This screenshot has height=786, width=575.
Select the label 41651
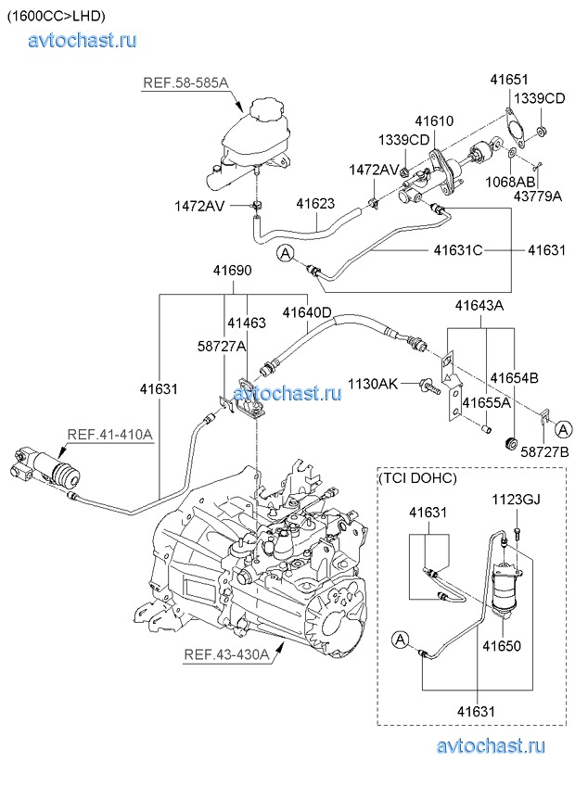pyautogui.click(x=509, y=81)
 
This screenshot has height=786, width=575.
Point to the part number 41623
pyautogui.click(x=315, y=204)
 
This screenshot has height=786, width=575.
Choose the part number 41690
pyautogui.click(x=231, y=270)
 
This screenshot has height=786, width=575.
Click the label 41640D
pyautogui.click(x=307, y=312)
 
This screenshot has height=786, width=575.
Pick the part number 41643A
pyautogui.click(x=478, y=306)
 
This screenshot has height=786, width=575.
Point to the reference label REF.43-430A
pyautogui.click(x=226, y=654)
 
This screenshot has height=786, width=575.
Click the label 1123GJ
pyautogui.click(x=515, y=501)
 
